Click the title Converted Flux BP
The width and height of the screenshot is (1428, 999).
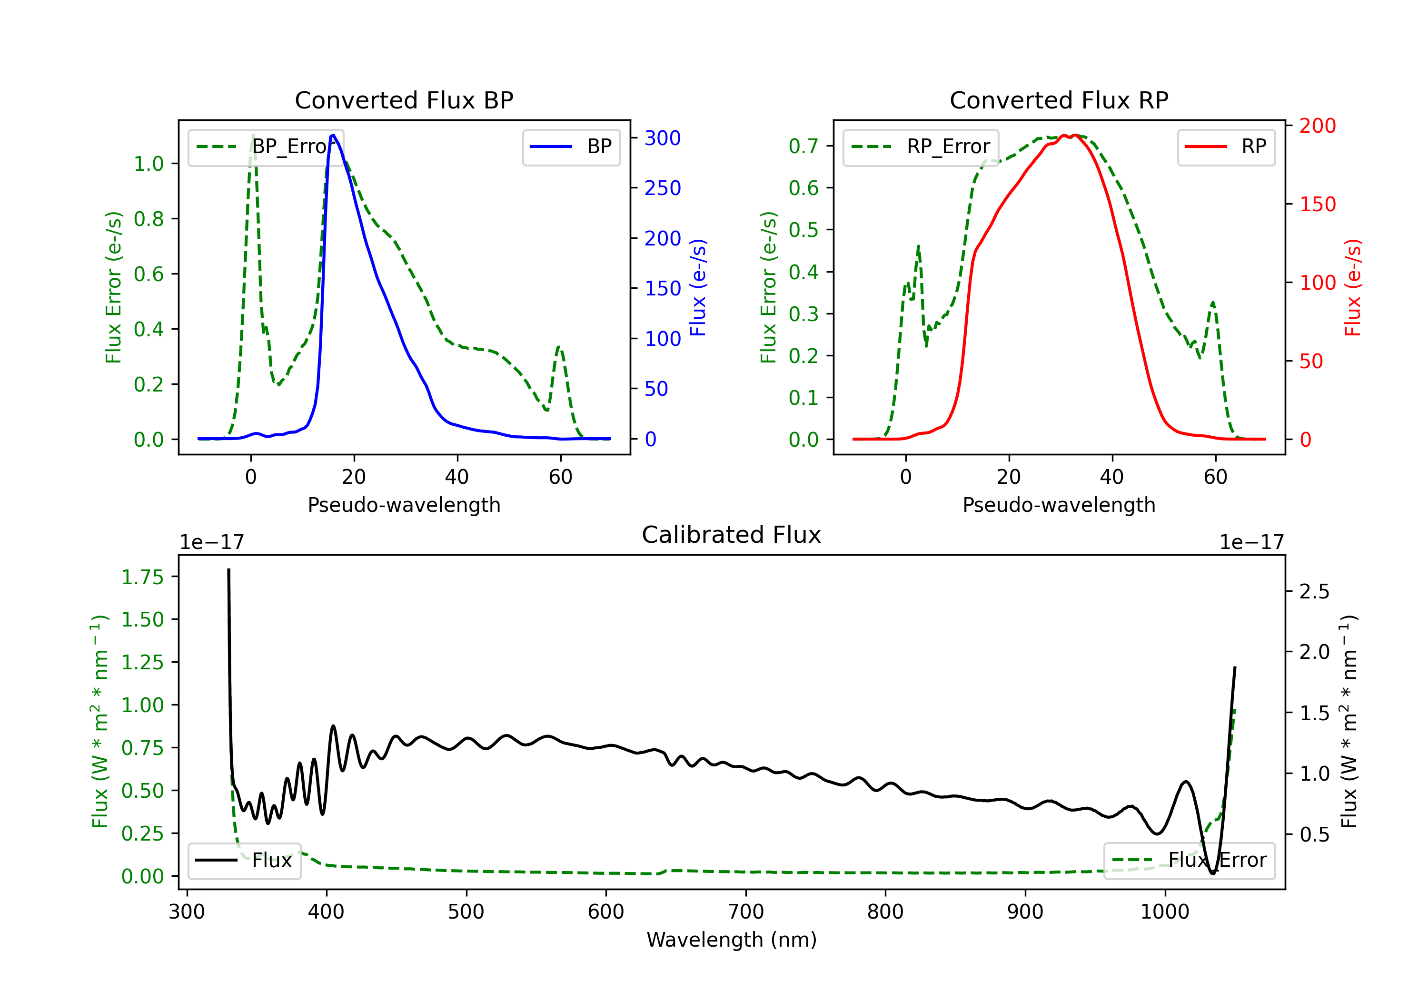pyautogui.click(x=404, y=100)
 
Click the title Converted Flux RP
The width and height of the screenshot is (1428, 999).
pyautogui.click(x=1059, y=100)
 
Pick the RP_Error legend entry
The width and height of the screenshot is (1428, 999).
pyautogui.click(x=921, y=147)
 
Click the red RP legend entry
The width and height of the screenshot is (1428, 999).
pyautogui.click(x=1226, y=147)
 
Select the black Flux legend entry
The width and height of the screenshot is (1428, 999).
pyautogui.click(x=245, y=861)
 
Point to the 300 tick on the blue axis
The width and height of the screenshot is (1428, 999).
pyautogui.click(x=662, y=138)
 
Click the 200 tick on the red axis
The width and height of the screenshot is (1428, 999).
pyautogui.click(x=1317, y=126)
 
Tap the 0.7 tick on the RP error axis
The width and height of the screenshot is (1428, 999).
pyautogui.click(x=803, y=146)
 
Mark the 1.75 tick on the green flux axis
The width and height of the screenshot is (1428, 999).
pyautogui.click(x=142, y=577)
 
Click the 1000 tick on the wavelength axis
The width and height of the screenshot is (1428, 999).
pyautogui.click(x=1164, y=911)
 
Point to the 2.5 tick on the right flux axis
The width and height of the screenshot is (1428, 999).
pyautogui.click(x=1314, y=591)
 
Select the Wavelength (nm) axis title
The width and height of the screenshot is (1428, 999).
pyautogui.click(x=732, y=940)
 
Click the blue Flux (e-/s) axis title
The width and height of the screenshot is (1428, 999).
pyautogui.click(x=698, y=287)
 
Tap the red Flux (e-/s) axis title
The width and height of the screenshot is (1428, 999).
pyautogui.click(x=1353, y=287)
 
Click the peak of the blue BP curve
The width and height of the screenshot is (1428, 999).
pyautogui.click(x=333, y=135)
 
